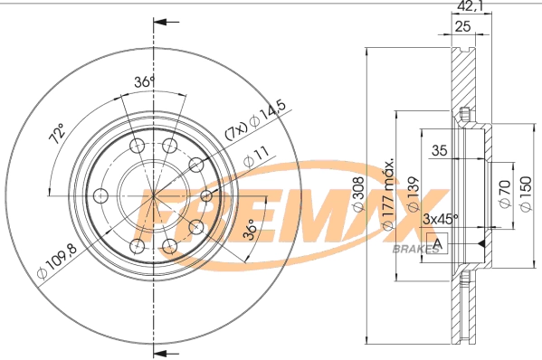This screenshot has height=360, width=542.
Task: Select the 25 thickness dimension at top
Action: point(461,27)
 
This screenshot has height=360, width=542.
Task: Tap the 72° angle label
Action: point(57,137)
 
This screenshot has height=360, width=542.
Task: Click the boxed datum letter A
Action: point(438,243)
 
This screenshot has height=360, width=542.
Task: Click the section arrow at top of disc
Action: point(158,21)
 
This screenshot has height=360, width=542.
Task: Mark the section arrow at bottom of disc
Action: point(158,350)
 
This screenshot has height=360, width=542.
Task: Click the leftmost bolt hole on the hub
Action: point(101,194)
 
